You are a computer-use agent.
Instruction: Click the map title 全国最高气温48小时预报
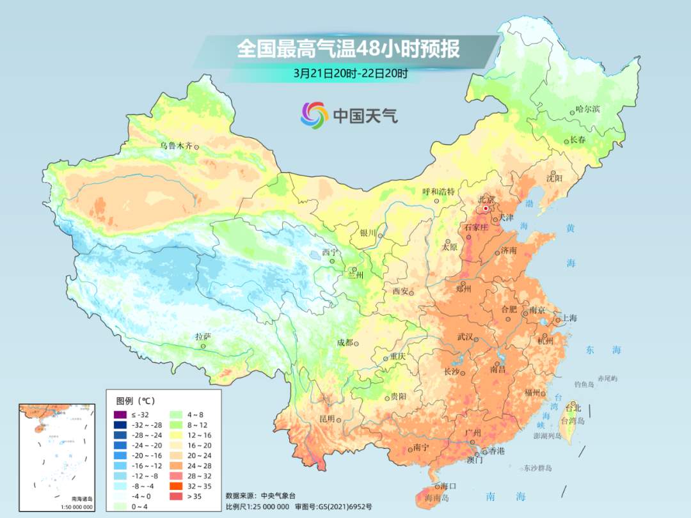click(348, 49)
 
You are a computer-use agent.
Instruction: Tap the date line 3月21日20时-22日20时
click(351, 73)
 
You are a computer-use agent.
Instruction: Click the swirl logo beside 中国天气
click(314, 115)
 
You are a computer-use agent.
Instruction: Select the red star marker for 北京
click(486, 208)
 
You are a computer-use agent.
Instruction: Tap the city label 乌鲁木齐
click(176, 146)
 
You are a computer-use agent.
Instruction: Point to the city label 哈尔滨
click(587, 109)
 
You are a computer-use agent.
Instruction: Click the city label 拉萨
click(203, 336)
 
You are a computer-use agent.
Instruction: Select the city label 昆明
click(326, 419)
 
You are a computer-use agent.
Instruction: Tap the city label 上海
click(569, 318)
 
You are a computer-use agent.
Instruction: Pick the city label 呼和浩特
click(438, 192)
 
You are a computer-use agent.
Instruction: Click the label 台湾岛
click(573, 421)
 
